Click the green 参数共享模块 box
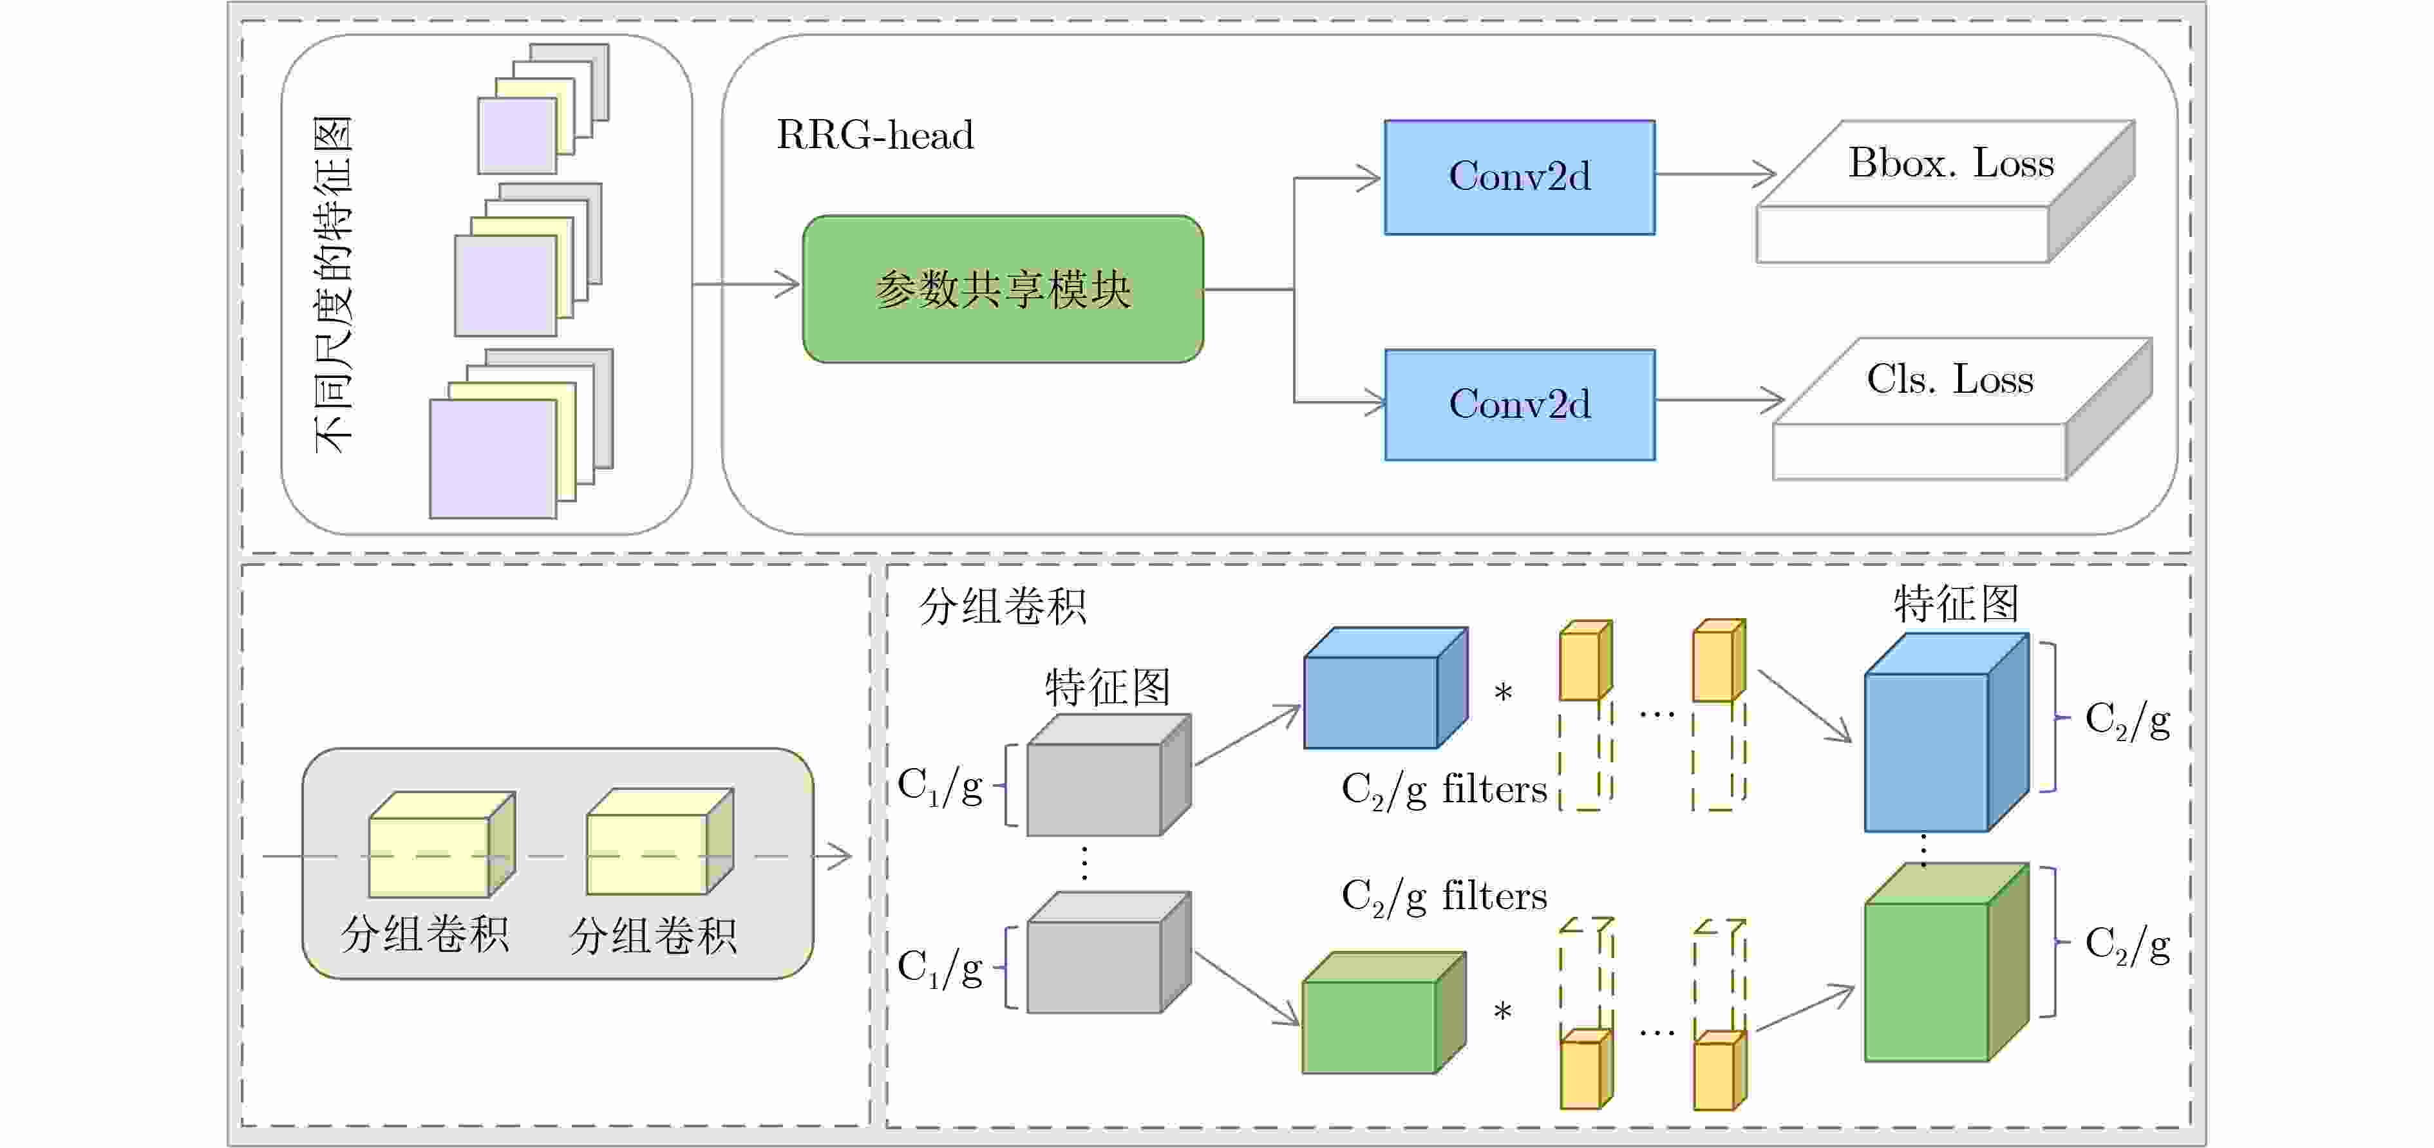(1003, 289)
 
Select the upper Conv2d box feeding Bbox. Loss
(1520, 176)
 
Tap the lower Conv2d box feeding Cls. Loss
(1520, 404)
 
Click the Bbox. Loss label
(1950, 164)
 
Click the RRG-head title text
(874, 135)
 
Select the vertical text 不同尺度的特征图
(333, 283)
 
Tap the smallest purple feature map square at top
(516, 136)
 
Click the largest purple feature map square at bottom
(493, 458)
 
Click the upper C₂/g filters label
(1444, 789)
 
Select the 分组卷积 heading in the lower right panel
(1003, 606)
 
